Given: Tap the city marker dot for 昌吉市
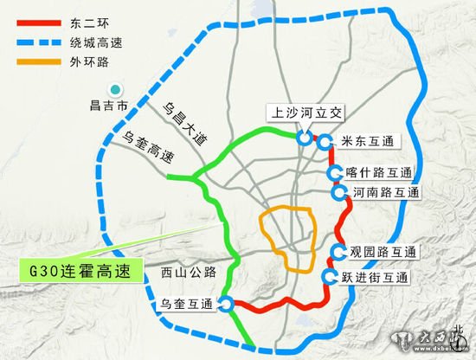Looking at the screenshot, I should coord(113,89).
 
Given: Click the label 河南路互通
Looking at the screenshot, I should coord(386,191).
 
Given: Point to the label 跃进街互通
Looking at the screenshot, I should coord(372,278).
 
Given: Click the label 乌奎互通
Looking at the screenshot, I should coord(187,303).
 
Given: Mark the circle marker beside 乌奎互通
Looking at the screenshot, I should coord(225,303).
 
